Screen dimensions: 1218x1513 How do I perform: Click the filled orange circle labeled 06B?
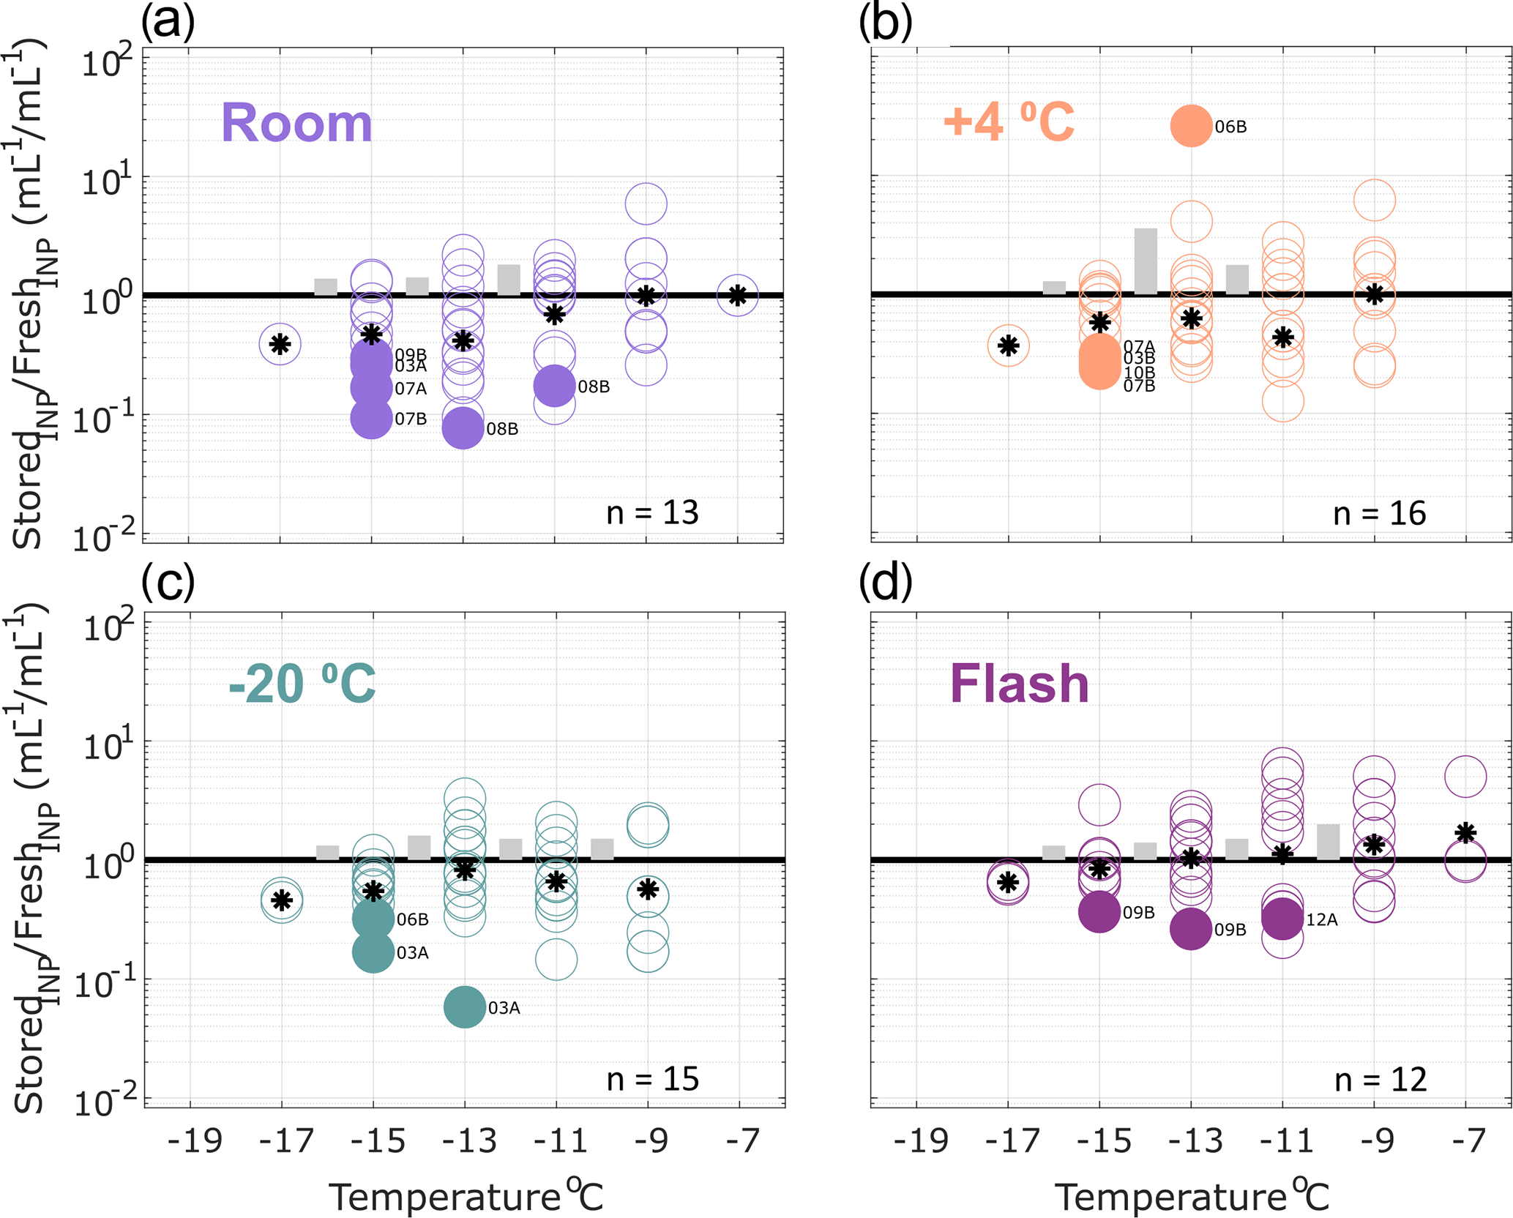tap(1191, 126)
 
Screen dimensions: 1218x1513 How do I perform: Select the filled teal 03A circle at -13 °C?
tap(465, 1006)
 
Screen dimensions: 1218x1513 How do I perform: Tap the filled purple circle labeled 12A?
tap(1282, 919)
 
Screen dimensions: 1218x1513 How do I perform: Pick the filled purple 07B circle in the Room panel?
tap(372, 418)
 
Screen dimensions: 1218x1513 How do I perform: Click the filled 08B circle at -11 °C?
tap(554, 386)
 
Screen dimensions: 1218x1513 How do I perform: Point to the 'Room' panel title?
tap(296, 123)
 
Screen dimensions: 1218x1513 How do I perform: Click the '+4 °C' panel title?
tap(1009, 122)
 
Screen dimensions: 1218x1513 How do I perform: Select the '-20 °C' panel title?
tap(302, 684)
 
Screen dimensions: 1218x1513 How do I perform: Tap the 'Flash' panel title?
tap(1019, 684)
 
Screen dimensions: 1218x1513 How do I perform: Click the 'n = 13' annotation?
tap(652, 512)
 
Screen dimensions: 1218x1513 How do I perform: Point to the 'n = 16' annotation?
tap(1379, 514)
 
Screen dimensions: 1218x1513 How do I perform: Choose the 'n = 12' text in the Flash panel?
tap(1381, 1080)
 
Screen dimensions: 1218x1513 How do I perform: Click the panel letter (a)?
tap(168, 22)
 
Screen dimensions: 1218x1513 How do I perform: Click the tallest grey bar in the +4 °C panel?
tap(1146, 261)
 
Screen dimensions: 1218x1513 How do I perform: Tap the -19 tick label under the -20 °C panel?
tap(194, 1140)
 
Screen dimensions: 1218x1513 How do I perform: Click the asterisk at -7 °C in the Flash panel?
tap(1465, 833)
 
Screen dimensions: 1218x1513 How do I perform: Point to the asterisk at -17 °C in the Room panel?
tap(280, 344)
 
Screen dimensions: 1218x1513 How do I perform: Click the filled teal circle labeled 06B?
tap(373, 919)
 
